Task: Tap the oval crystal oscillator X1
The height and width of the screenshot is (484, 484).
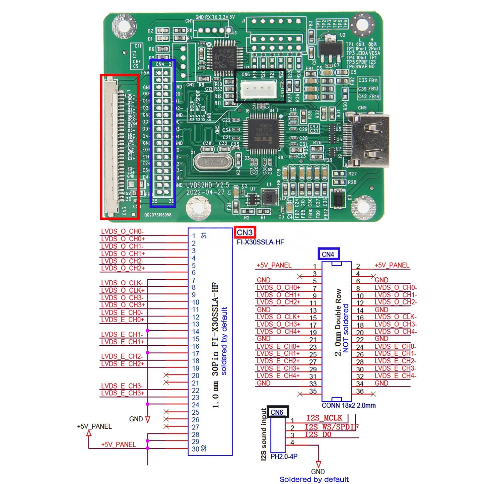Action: [213, 162]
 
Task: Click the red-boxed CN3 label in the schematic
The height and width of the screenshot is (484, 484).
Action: [245, 232]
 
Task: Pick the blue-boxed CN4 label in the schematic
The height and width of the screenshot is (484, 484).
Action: [328, 254]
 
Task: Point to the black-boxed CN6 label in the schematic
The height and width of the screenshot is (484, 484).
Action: [277, 412]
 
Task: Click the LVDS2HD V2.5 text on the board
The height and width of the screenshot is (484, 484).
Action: [208, 185]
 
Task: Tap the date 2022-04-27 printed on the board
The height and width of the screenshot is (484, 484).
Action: [205, 193]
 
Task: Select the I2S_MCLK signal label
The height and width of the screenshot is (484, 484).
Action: [324, 418]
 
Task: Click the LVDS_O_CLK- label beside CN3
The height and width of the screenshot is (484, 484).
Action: [122, 283]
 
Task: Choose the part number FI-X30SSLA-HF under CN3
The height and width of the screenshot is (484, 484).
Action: [260, 242]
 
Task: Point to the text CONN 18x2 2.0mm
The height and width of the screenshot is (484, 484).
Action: [349, 406]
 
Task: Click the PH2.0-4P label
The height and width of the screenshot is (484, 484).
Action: [284, 457]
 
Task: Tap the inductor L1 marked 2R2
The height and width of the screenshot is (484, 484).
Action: [269, 198]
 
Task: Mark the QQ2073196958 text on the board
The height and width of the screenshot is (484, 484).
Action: [158, 215]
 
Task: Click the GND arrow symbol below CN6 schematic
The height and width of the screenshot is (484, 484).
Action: [318, 464]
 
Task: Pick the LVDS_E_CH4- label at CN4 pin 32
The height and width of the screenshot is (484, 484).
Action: [396, 376]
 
